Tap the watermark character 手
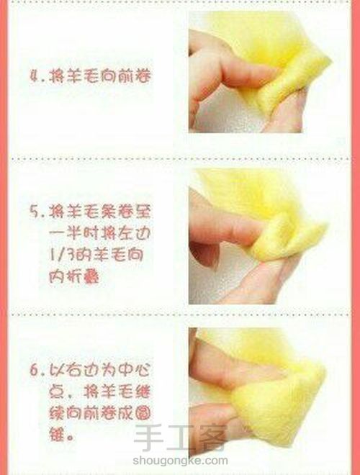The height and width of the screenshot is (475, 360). pyautogui.click(x=148, y=440)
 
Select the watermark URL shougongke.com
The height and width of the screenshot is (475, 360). pyautogui.click(x=179, y=462)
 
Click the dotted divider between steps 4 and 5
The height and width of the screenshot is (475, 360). pyautogui.click(x=180, y=157)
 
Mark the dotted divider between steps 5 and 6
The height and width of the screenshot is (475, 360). pyautogui.click(x=180, y=316)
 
